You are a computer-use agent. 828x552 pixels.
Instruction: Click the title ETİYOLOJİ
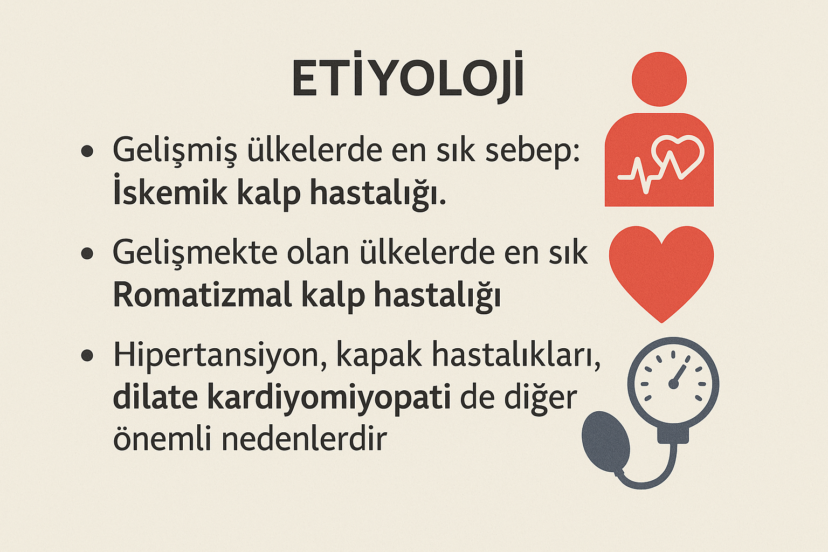408,79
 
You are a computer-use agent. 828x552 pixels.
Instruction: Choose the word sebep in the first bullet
533,151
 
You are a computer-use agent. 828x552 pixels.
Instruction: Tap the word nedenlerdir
304,438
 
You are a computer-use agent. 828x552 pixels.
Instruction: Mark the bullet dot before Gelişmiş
87,151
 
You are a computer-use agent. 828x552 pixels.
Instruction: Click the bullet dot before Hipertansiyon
87,356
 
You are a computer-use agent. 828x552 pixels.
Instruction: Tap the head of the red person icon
659,79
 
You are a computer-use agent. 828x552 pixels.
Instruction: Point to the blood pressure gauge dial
673,384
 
